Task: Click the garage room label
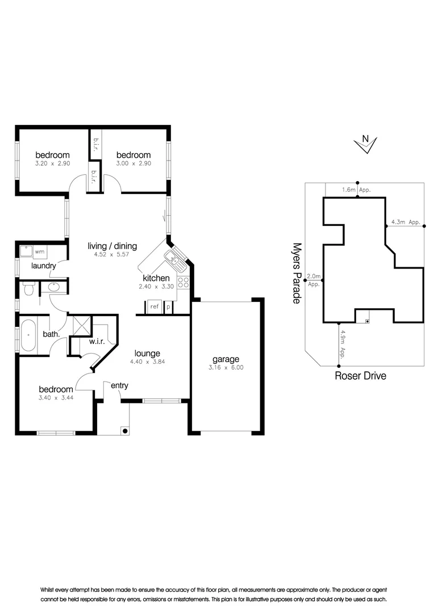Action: click(226, 359)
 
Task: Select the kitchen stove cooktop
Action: click(183, 282)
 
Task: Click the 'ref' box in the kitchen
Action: click(154, 306)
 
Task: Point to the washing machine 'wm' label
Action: click(40, 250)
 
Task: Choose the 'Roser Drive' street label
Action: click(360, 376)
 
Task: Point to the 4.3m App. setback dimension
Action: click(406, 222)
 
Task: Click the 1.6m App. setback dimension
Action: click(356, 190)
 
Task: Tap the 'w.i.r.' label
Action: click(99, 342)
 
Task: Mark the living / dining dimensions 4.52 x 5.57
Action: click(112, 255)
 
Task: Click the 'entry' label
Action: click(119, 386)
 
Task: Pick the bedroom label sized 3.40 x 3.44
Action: click(56, 389)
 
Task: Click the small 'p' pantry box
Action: click(168, 306)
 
